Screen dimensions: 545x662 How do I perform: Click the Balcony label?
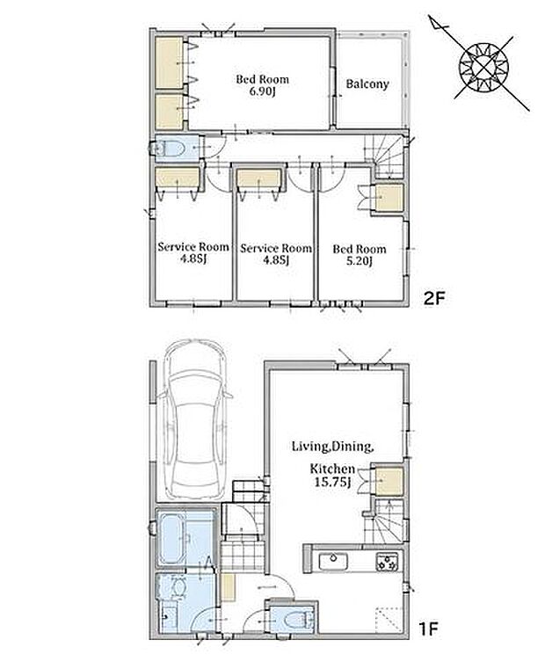(x=367, y=84)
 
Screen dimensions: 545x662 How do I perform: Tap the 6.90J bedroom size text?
(x=262, y=91)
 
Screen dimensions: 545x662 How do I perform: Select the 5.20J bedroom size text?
(x=359, y=261)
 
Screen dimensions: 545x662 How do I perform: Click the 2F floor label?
(x=434, y=299)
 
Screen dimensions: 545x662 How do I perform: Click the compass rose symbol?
(x=483, y=68)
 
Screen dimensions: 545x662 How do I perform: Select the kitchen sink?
(x=333, y=562)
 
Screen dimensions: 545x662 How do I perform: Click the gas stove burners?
(x=388, y=562)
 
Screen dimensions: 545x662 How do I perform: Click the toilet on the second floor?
(x=169, y=149)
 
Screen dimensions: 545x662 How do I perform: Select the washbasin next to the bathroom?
(x=178, y=587)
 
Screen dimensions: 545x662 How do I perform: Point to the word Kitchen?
(x=332, y=469)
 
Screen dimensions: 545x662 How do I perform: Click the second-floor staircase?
(x=389, y=157)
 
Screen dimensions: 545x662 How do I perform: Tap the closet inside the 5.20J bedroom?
(x=389, y=198)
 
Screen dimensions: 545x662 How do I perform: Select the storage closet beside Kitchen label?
(x=389, y=481)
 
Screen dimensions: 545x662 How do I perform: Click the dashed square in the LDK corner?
(x=389, y=620)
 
